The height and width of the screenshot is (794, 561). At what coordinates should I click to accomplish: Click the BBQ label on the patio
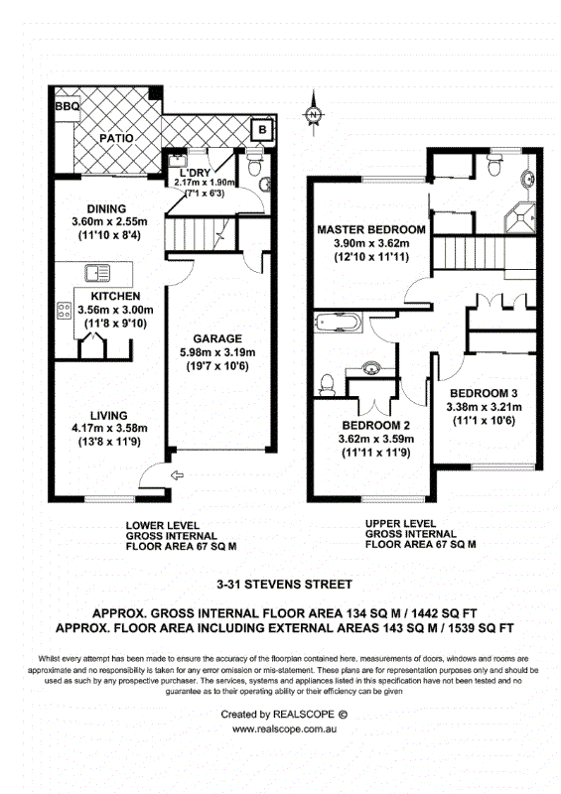(x=68, y=106)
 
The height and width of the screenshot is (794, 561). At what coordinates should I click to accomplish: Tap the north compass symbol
(x=314, y=114)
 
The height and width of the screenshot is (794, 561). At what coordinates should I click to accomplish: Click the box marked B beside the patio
(x=262, y=130)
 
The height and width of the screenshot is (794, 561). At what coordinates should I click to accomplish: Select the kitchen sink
(x=97, y=274)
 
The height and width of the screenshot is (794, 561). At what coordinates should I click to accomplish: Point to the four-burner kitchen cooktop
(x=65, y=310)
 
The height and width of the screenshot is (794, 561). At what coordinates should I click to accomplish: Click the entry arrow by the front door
(x=177, y=475)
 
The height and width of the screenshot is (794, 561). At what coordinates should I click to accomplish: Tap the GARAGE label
(x=217, y=338)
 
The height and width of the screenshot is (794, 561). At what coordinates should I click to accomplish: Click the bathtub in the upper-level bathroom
(x=338, y=323)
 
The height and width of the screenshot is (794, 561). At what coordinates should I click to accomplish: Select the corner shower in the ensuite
(x=520, y=217)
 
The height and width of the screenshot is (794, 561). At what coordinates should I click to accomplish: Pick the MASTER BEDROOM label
(x=371, y=229)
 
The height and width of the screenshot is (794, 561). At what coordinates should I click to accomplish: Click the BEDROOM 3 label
(x=484, y=393)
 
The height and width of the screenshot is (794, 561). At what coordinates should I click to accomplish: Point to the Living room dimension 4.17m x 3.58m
(x=109, y=429)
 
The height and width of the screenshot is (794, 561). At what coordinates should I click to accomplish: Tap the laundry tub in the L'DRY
(x=178, y=161)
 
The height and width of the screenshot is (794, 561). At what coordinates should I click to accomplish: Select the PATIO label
(x=116, y=138)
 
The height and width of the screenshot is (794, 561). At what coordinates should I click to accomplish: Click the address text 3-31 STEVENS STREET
(x=284, y=585)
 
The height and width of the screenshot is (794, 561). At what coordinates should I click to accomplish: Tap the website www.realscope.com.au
(x=284, y=729)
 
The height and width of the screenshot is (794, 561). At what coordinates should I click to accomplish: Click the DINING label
(x=106, y=208)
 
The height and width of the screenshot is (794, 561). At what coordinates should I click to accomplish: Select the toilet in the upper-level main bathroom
(x=328, y=385)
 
